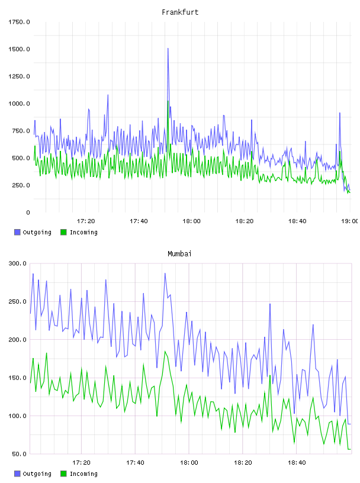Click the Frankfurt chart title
180,12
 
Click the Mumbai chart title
179,254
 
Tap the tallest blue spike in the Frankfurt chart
168,49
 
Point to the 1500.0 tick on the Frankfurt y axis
19,49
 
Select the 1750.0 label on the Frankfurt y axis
19,22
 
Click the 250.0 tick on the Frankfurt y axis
21,185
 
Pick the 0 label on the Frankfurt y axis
28,212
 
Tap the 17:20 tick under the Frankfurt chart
86,221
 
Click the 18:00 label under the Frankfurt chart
191,221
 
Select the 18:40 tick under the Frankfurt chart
297,221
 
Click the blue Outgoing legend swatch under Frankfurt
17,232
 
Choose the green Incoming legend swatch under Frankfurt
63,232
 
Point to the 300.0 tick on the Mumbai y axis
18,263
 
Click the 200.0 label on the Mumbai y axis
18,340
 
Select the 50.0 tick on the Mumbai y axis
19,454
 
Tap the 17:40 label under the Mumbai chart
136,463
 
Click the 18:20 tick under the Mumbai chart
243,463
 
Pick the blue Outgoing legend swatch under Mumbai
17,474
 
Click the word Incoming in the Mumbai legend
83,474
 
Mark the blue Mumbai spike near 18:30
270,304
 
